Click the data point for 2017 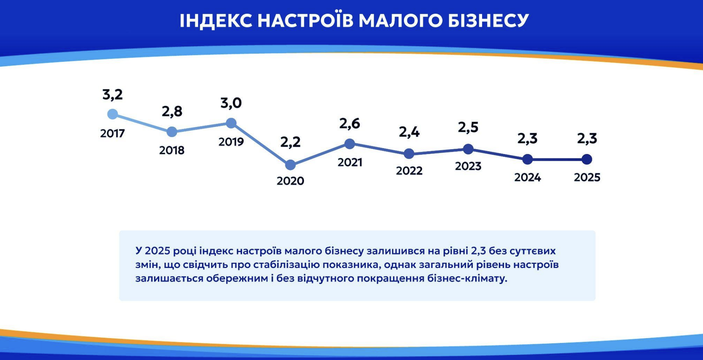[x=112, y=114]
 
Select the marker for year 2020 [x=290, y=164]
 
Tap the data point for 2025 [x=587, y=159]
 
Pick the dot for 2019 [x=231, y=123]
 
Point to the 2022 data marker [x=409, y=153]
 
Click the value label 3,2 [x=112, y=95]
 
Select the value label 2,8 [x=172, y=111]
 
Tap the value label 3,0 [x=231, y=103]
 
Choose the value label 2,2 [x=290, y=141]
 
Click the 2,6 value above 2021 [x=350, y=124]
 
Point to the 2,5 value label [x=468, y=127]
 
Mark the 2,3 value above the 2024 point [x=527, y=138]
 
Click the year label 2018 [x=172, y=150]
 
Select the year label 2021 [x=350, y=162]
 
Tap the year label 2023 [x=468, y=166]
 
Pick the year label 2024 [x=527, y=177]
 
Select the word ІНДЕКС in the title [x=216, y=20]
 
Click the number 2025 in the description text [x=157, y=251]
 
